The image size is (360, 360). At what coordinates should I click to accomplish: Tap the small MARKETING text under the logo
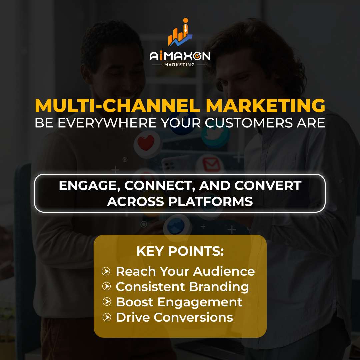[x=180, y=65]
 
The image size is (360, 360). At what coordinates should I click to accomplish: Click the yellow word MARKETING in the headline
[x=266, y=106]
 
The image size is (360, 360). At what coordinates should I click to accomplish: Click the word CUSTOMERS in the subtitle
[x=249, y=123]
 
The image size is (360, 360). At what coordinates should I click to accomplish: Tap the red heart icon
[x=146, y=143]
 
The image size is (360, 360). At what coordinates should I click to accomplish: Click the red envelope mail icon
[x=210, y=164]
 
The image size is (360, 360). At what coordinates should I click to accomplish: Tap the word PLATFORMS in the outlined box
[x=210, y=202]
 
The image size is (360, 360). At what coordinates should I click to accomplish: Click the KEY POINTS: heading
[x=180, y=251]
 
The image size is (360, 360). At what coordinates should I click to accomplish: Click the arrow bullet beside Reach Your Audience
[x=106, y=271]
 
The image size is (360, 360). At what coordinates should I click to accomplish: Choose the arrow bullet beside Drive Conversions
[x=107, y=317]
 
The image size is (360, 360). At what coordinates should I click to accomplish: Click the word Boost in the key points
[x=135, y=302]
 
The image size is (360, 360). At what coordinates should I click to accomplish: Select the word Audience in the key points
[x=224, y=271]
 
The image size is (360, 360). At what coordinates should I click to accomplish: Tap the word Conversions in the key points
[x=193, y=317]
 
